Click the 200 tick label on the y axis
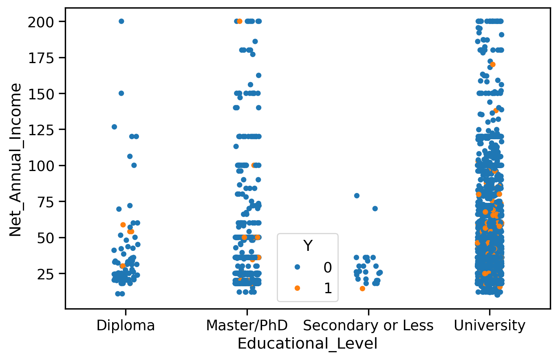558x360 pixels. click(x=42, y=22)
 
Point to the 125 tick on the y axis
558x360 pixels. click(x=42, y=130)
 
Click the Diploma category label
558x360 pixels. click(x=126, y=325)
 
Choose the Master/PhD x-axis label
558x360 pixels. click(x=247, y=325)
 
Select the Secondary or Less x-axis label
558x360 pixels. click(x=368, y=325)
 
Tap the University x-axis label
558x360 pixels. click(x=490, y=325)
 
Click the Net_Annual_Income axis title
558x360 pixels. click(x=15, y=159)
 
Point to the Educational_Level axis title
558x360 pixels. click(x=307, y=344)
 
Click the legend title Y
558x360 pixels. click(x=308, y=246)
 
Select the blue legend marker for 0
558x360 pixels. click(x=297, y=267)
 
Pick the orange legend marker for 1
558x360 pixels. click(x=297, y=288)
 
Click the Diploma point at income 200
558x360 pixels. click(x=121, y=21)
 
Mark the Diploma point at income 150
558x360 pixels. click(x=121, y=93)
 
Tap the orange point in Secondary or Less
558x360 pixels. click(x=362, y=288)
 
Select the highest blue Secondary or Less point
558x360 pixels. click(x=357, y=195)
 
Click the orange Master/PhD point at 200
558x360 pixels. click(x=240, y=21)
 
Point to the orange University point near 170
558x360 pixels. click(x=493, y=64)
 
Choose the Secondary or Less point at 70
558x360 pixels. click(x=375, y=209)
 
